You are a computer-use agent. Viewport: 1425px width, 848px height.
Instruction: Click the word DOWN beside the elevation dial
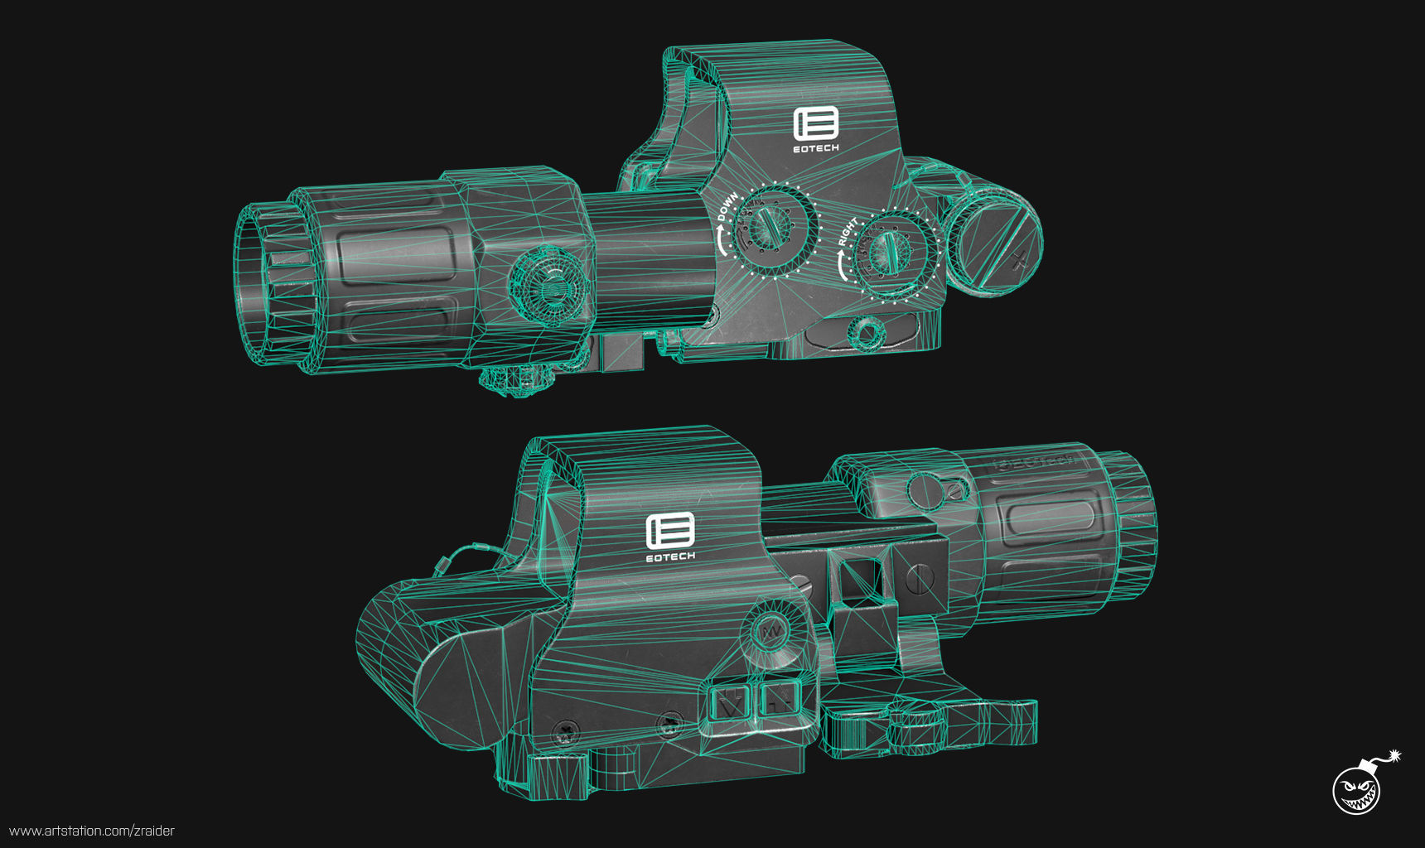[727, 209]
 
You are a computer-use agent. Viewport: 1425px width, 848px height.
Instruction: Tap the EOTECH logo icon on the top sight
[816, 124]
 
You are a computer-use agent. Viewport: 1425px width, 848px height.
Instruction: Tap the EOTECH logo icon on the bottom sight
[669, 530]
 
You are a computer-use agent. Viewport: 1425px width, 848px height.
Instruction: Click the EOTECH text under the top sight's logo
[816, 148]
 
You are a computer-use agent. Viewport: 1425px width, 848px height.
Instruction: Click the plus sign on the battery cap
[1020, 259]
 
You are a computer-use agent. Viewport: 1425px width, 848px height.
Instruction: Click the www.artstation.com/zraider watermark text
[92, 831]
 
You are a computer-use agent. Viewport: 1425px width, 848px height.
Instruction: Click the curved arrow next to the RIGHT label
[843, 267]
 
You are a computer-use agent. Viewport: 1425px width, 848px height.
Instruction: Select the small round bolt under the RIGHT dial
[868, 333]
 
